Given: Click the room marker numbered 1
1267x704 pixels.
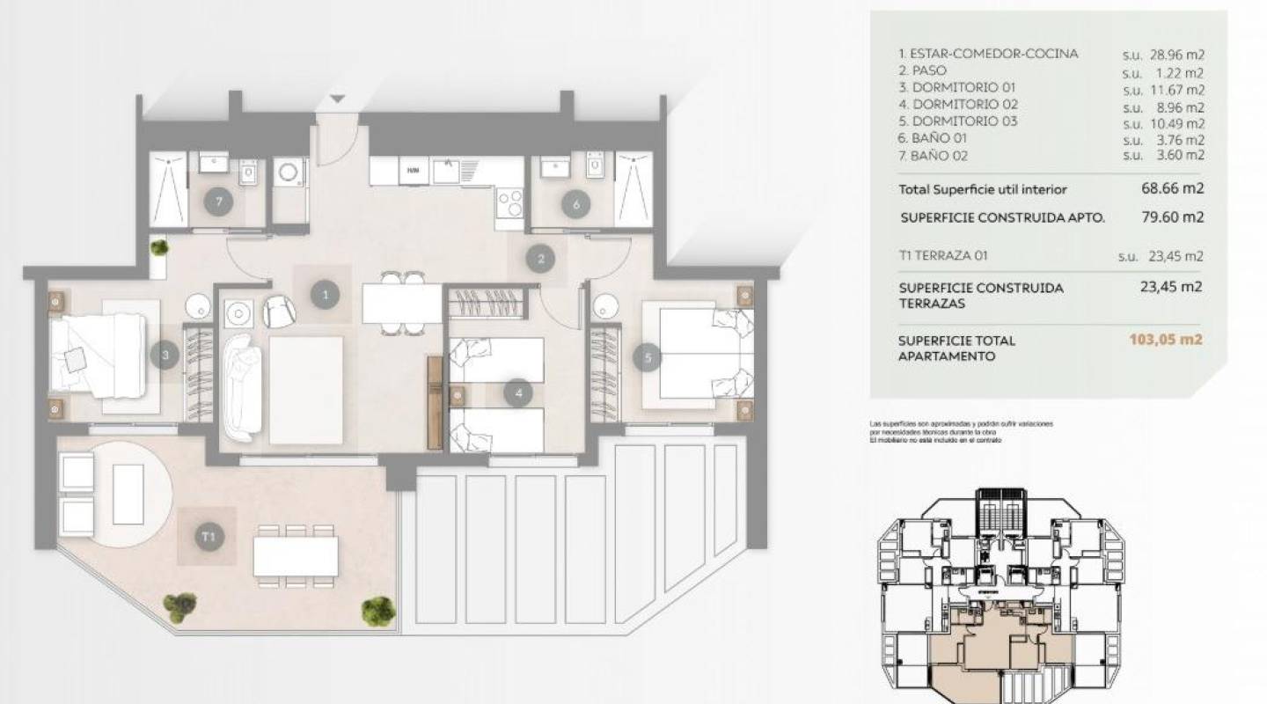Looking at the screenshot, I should pos(326,295).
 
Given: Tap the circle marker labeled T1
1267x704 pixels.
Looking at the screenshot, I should pos(208,535).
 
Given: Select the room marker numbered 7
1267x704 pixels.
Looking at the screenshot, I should pos(217,202).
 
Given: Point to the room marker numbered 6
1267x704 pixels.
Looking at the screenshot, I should pos(576,205).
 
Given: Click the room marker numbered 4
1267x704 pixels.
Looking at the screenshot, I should pos(519,393).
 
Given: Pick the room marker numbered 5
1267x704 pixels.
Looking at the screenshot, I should pos(648,357).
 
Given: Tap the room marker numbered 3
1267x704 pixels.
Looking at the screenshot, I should pos(165,356).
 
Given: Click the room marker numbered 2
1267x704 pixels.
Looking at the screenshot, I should pos(541,259).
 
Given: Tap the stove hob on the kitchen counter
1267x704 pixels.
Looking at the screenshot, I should pos(509,203).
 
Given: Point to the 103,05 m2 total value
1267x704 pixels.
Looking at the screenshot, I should pos(1167,341).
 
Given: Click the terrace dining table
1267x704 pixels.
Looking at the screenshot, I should pos(296,556).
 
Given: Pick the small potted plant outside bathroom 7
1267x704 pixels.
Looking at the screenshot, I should pos(159,247).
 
